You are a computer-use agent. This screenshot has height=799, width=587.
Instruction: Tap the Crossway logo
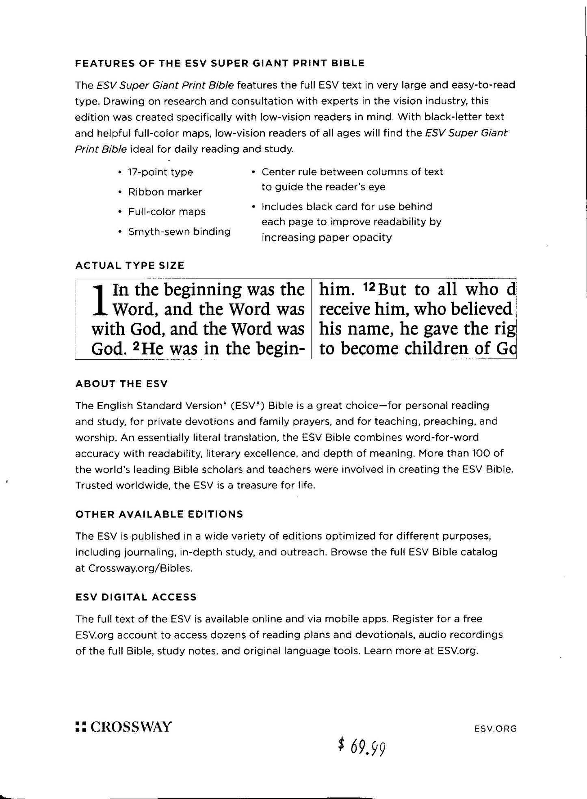[x=124, y=726]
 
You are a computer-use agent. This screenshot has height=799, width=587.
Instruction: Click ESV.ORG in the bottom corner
[x=495, y=728]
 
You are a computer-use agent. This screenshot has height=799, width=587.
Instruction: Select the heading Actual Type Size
[x=130, y=266]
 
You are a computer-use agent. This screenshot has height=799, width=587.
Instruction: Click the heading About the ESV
[x=121, y=384]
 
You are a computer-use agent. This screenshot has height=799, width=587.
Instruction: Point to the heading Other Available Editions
[x=159, y=514]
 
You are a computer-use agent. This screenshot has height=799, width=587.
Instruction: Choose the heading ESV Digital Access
[x=136, y=597]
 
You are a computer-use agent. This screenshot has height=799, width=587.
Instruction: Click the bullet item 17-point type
[x=160, y=172]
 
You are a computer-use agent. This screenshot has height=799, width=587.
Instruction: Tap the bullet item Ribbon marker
[x=165, y=192]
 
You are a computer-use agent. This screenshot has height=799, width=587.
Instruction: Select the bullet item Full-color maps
[x=167, y=212]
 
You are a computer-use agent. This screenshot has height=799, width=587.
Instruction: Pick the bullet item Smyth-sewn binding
[x=179, y=232]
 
